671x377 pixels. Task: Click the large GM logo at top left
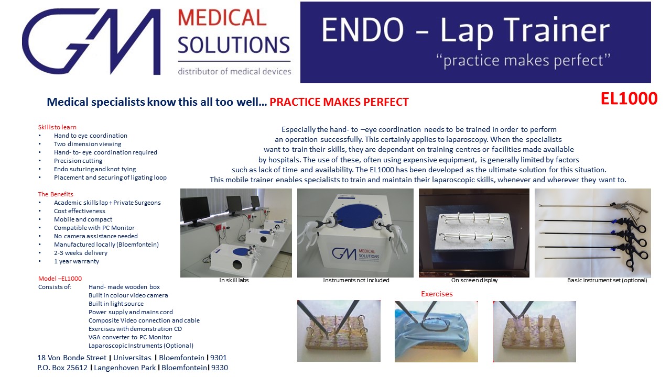[91, 41]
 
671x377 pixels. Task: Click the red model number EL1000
[629, 99]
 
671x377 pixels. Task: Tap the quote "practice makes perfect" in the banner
[523, 60]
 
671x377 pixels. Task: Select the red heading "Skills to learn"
[57, 127]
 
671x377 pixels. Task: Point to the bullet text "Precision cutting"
[78, 161]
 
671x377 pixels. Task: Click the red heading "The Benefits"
[56, 194]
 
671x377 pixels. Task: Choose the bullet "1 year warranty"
[77, 261]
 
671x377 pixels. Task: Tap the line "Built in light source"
[116, 304]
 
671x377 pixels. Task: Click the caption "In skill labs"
[234, 280]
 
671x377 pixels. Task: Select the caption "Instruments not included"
[356, 280]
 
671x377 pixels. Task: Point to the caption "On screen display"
[474, 280]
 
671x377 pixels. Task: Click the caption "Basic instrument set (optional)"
[607, 280]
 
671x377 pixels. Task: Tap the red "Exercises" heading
[437, 294]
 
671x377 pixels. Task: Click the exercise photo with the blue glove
[436, 331]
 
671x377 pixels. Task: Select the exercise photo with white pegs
[534, 331]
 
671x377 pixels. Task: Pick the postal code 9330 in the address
[220, 368]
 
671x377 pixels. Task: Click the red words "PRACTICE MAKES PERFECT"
[339, 102]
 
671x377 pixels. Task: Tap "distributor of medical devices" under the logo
[234, 72]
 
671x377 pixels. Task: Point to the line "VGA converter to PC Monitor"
[130, 337]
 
